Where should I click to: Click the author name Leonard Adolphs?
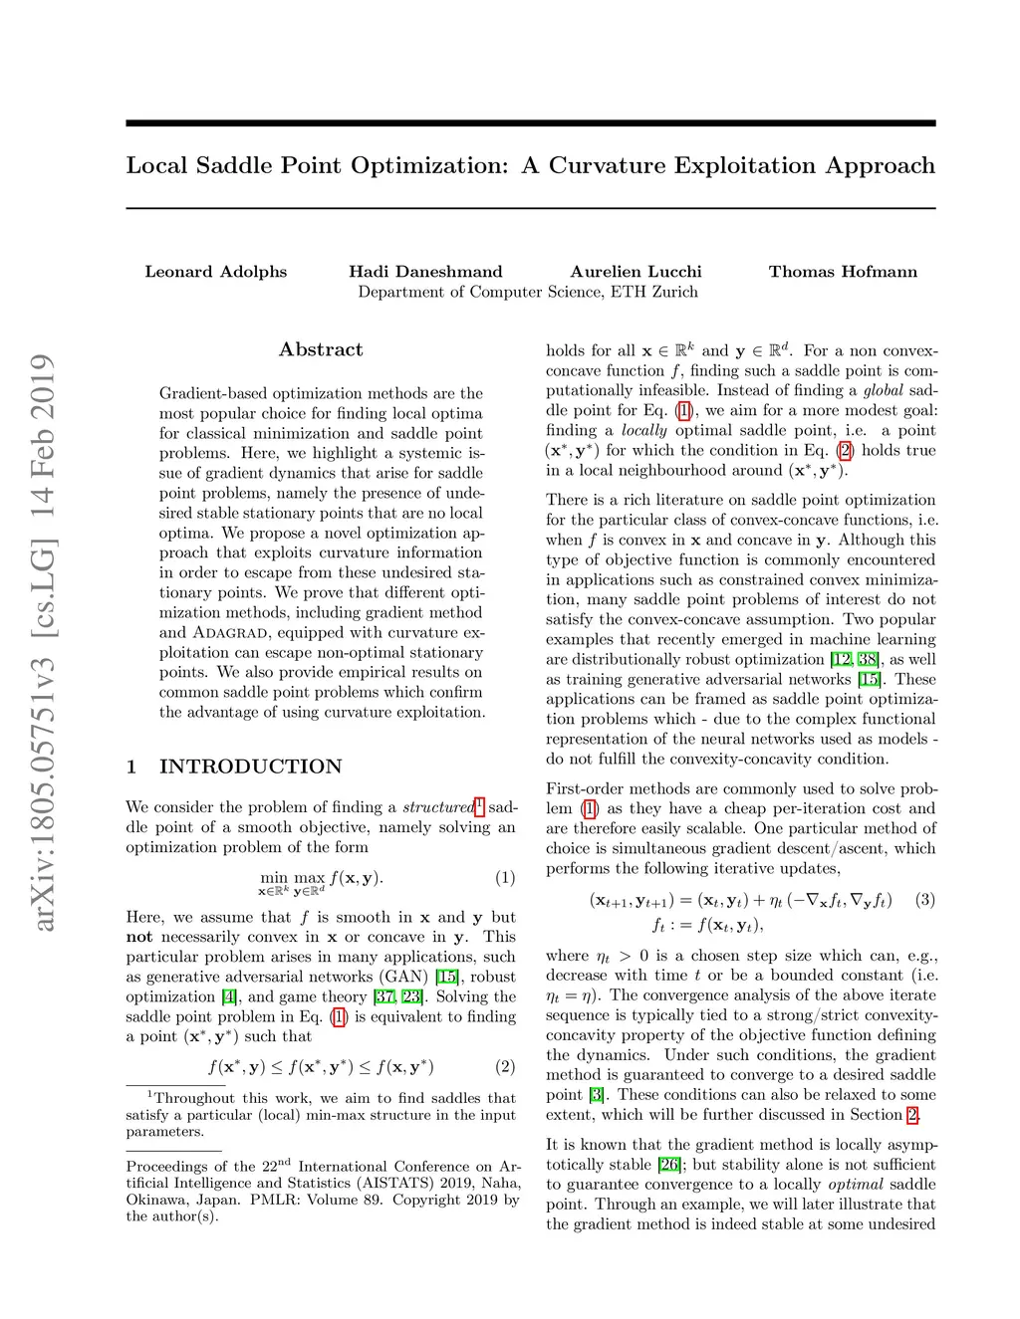[x=215, y=272]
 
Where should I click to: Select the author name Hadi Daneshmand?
[x=425, y=272]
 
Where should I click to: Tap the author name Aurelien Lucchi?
[x=636, y=272]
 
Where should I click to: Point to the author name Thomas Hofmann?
[x=843, y=272]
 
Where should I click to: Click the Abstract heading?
[x=321, y=349]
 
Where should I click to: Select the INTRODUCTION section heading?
[x=250, y=767]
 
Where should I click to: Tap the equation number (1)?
[x=505, y=877]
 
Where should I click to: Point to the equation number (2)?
[x=505, y=1066]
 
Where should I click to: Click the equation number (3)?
[x=925, y=899]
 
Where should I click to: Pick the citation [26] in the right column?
[x=669, y=1165]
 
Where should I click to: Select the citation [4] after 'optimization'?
[x=230, y=996]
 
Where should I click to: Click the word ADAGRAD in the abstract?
[x=230, y=633]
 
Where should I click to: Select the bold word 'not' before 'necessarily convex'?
[x=139, y=937]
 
